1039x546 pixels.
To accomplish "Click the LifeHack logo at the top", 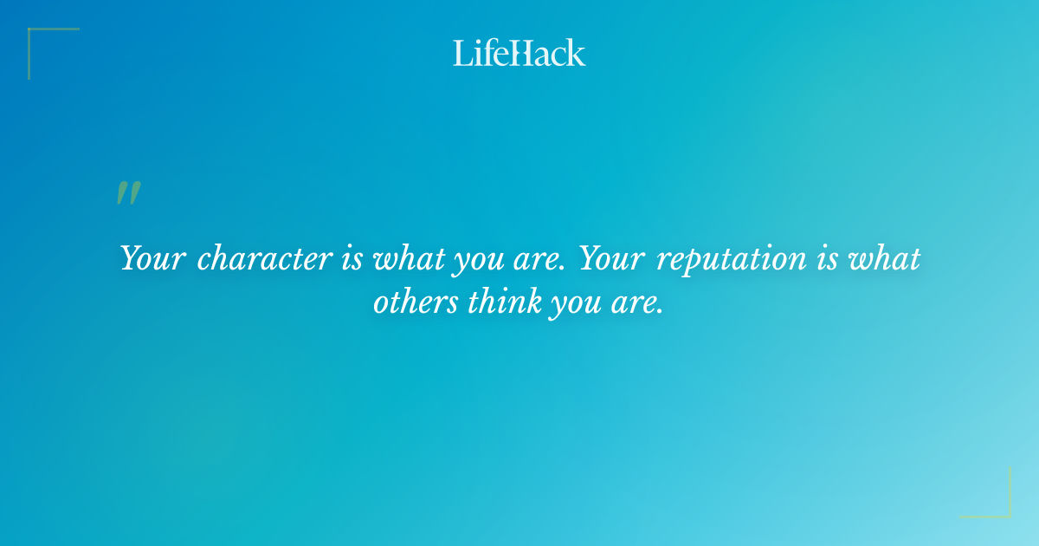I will tap(519, 53).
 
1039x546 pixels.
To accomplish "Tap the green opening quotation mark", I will tap(128, 193).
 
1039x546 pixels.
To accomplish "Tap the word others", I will tap(417, 303).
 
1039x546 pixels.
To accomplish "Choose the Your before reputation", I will tap(611, 257).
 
